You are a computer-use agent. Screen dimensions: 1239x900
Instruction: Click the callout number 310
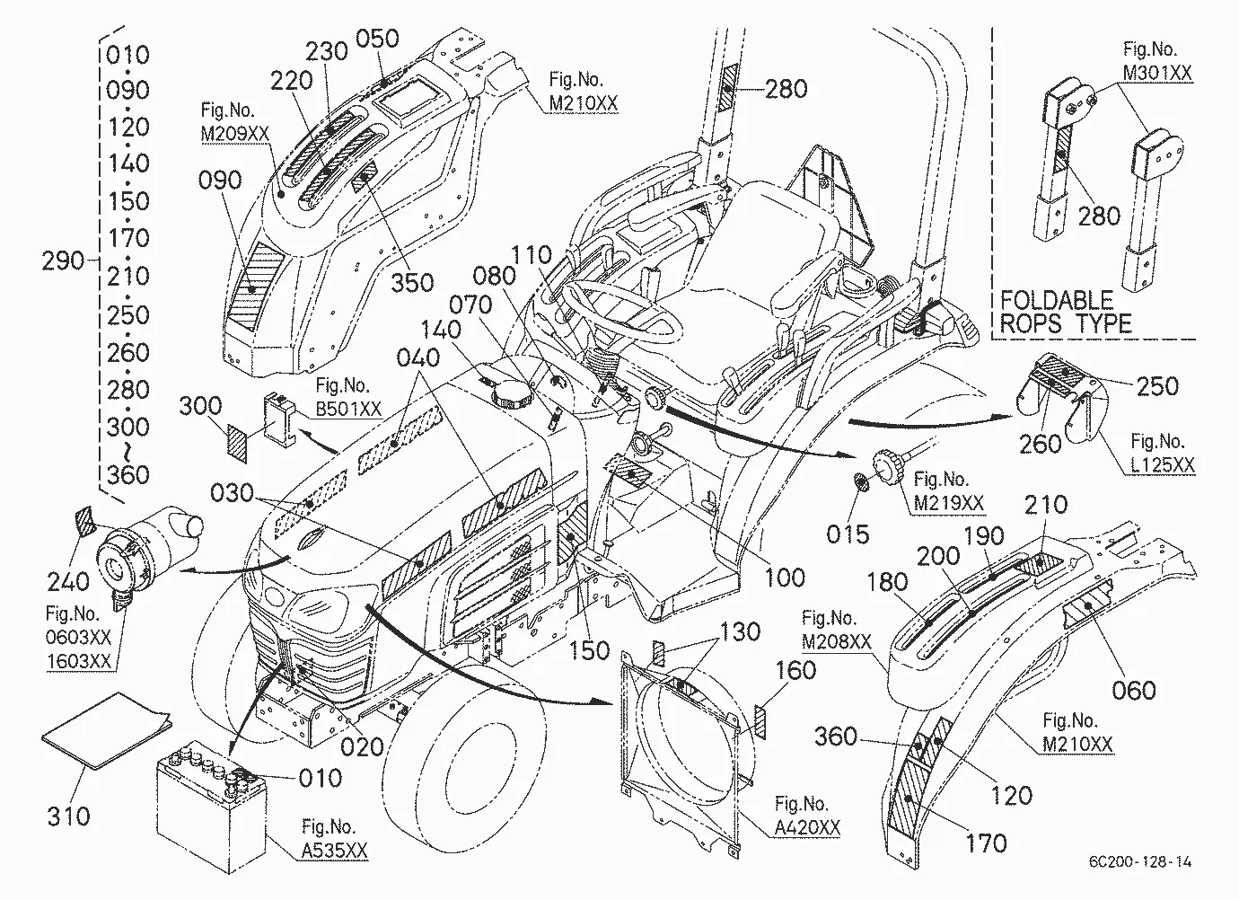[x=68, y=816]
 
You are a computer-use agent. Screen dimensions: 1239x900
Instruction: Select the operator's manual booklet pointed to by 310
[x=107, y=729]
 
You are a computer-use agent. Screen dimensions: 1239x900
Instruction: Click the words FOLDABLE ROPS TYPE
[x=1066, y=313]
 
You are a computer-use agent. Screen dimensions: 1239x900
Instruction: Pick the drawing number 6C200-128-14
[x=1140, y=861]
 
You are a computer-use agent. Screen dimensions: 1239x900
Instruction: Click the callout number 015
[x=848, y=534]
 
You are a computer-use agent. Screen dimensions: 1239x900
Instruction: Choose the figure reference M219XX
[x=949, y=503]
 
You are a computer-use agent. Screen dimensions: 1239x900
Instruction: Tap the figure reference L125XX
[x=1162, y=465]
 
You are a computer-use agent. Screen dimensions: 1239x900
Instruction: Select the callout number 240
[x=68, y=582]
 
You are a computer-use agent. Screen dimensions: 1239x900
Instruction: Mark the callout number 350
[x=413, y=283]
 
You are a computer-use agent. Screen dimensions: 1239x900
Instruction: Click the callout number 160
[x=796, y=670]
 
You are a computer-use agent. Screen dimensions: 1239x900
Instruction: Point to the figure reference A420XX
[x=807, y=828]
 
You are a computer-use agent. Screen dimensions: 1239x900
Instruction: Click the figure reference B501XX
[x=348, y=409]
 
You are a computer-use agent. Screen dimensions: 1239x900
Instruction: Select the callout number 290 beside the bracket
[x=63, y=260]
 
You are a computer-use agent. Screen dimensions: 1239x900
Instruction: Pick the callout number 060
[x=1134, y=691]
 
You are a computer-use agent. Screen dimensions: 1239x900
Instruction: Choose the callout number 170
[x=986, y=843]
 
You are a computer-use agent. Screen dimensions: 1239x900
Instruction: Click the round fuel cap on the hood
[x=509, y=394]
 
